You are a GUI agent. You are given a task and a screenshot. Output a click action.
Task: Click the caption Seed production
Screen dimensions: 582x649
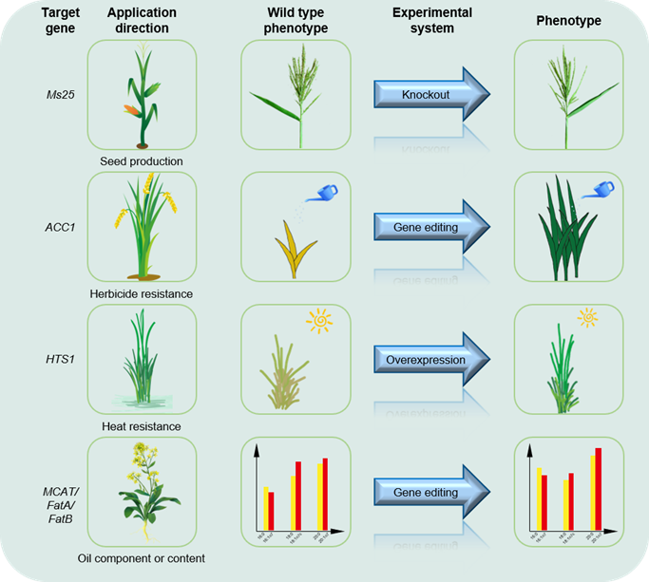142,161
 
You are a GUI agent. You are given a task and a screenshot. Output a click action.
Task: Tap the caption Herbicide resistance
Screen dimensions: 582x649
142,294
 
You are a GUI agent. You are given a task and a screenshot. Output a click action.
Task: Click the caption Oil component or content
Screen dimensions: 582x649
142,558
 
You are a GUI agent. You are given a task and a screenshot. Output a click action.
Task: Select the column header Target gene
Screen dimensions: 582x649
32,21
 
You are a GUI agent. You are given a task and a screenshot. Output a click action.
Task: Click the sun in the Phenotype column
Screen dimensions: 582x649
588,317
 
